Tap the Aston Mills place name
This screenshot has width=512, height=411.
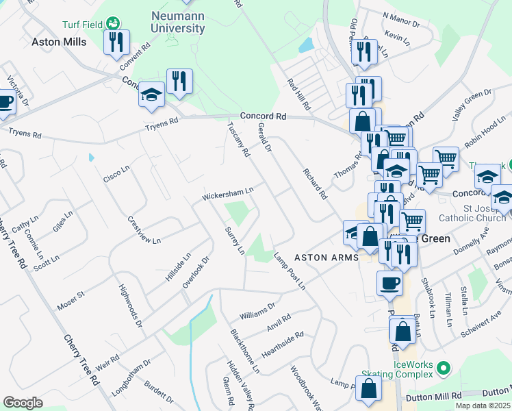(60, 42)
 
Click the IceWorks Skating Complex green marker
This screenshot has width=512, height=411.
(443, 369)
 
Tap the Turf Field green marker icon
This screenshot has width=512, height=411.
(113, 24)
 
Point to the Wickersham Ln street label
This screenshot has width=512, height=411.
(228, 193)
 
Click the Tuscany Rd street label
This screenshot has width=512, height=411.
(238, 137)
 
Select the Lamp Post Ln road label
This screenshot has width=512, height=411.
(290, 272)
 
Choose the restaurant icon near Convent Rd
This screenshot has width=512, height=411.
(116, 42)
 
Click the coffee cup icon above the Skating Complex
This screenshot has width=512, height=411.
(389, 284)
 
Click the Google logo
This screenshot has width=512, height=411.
(23, 402)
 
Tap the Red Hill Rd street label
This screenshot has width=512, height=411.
(298, 95)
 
